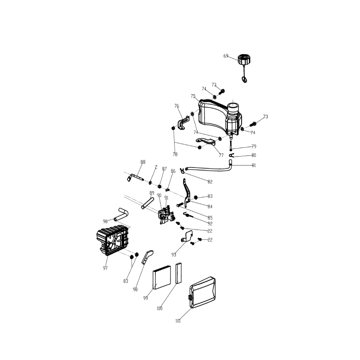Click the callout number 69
click(226, 56)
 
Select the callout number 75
click(193, 96)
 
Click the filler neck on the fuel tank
click(234, 108)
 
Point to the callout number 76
click(177, 106)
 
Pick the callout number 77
click(221, 155)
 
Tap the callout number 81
click(254, 165)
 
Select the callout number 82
click(210, 181)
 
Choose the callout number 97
click(105, 268)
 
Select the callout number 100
click(159, 308)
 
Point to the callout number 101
click(178, 321)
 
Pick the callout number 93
click(174, 255)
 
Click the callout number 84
click(210, 207)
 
